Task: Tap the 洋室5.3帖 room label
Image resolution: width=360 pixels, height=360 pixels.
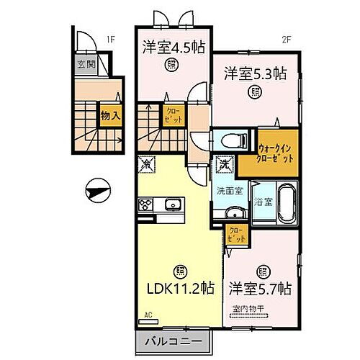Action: pos(256,73)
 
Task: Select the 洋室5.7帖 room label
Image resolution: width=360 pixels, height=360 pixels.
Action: pos(260,289)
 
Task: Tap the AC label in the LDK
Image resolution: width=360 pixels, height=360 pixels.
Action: pos(148,315)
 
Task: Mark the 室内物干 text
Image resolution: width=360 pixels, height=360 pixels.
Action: pos(248,310)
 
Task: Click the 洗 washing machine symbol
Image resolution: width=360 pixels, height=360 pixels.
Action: pos(225,166)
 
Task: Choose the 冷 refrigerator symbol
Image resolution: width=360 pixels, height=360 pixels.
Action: pos(145,165)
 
